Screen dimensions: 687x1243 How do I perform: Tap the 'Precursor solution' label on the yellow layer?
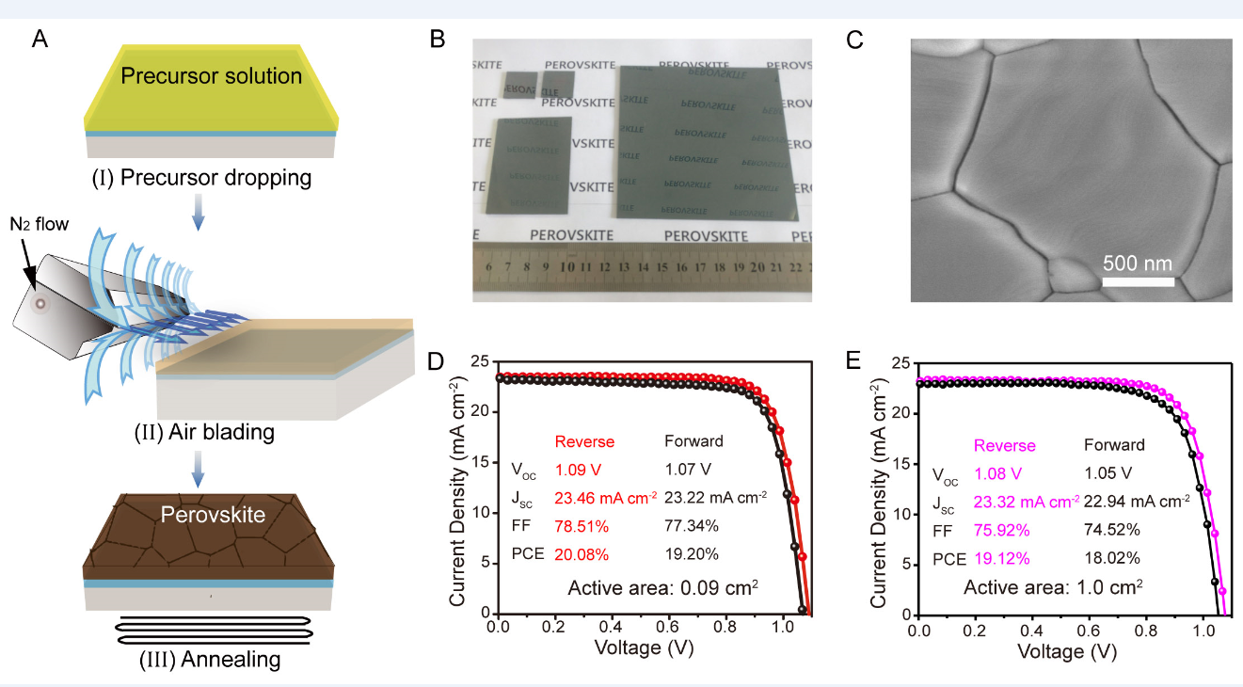[x=211, y=75]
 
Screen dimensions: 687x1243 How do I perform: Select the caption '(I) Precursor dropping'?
[x=211, y=176]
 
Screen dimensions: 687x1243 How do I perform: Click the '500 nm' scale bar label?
[x=1138, y=263]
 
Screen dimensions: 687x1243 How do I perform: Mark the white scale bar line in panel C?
[x=1138, y=280]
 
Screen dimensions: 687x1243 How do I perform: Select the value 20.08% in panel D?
[x=582, y=553]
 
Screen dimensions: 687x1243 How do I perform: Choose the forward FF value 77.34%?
[x=692, y=524]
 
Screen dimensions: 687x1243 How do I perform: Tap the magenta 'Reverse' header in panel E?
[x=1004, y=445]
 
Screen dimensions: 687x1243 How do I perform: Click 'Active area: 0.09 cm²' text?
[x=663, y=588]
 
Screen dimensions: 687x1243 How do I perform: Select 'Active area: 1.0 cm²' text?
[x=1052, y=587]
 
